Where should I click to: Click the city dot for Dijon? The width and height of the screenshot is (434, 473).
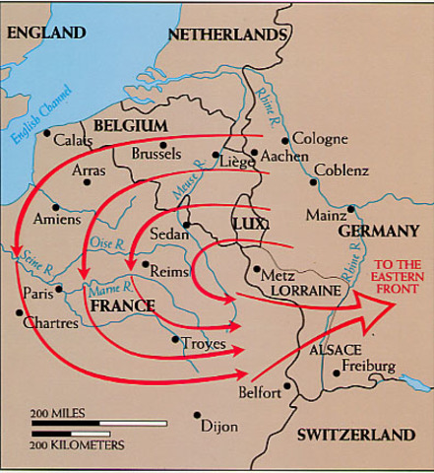pos(197,414)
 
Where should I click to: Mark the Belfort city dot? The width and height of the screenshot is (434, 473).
pos(286,385)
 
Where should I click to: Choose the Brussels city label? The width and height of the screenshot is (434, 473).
pos(155,154)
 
